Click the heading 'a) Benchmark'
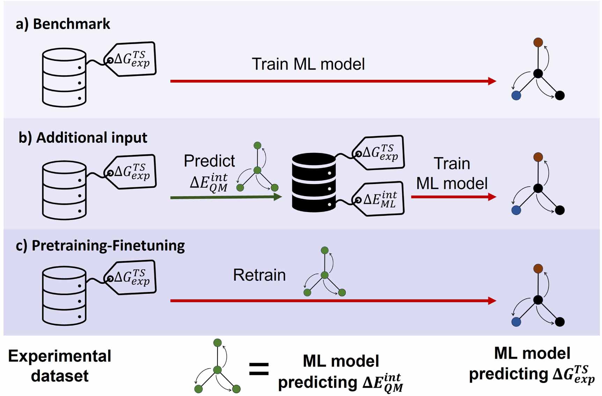tap(63, 24)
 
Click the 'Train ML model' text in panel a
tap(308, 64)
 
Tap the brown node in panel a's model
tap(538, 42)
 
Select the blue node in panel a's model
tap(516, 95)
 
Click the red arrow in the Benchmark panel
tap(332, 81)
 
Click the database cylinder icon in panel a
tap(64, 78)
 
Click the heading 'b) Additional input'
tap(83, 137)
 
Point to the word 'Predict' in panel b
tap(209, 161)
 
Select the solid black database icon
tap(314, 183)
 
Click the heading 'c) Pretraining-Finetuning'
tap(100, 246)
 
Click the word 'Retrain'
tap(259, 275)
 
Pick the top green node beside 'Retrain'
tap(324, 250)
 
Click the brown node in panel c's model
tap(538, 268)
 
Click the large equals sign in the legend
tap(259, 369)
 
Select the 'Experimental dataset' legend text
tap(60, 366)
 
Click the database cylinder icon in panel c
tap(64, 296)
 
